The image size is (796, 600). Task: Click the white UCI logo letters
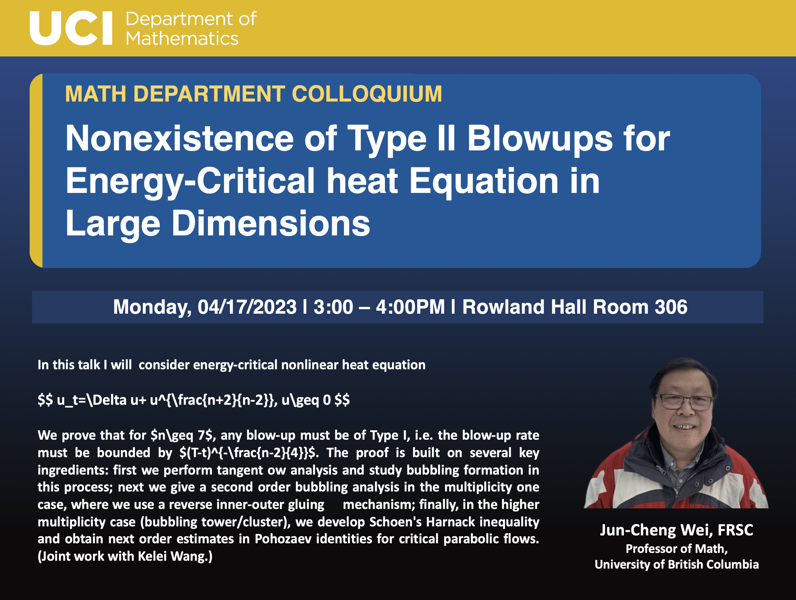point(71,28)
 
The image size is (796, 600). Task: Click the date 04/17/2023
point(247,307)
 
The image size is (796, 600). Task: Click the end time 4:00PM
point(410,307)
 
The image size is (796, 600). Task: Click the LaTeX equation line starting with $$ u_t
point(194,400)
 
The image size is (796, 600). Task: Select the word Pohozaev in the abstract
point(283,539)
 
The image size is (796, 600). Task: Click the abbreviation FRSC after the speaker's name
point(735,530)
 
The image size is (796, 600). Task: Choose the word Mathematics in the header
point(182,38)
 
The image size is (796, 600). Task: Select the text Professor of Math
point(677,548)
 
